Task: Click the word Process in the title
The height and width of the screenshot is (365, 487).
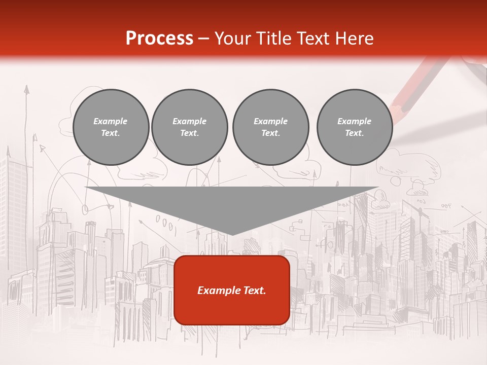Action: click(x=159, y=39)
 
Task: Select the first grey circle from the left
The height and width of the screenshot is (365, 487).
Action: click(x=111, y=127)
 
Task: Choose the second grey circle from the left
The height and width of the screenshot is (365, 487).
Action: click(x=189, y=127)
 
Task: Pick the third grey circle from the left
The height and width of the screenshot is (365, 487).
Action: click(x=270, y=127)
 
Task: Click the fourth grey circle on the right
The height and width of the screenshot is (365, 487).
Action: click(x=354, y=127)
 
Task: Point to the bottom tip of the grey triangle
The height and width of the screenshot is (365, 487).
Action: click(x=232, y=234)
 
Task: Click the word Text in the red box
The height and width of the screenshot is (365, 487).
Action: click(x=255, y=290)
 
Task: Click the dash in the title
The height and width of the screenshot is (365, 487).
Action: click(x=204, y=39)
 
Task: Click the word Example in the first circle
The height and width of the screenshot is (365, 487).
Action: click(x=111, y=121)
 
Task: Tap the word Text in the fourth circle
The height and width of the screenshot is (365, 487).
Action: click(x=354, y=133)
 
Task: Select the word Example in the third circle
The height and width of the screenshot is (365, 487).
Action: click(x=270, y=121)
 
